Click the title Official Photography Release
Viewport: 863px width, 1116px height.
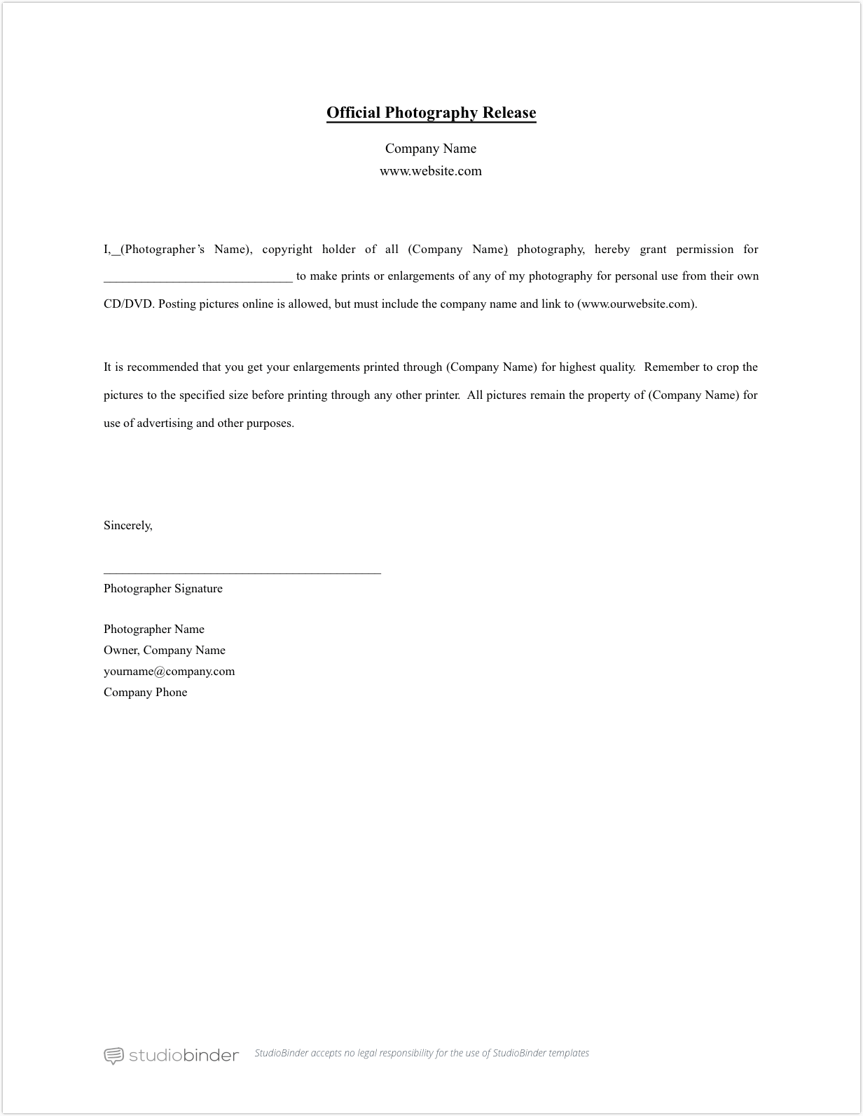(x=431, y=113)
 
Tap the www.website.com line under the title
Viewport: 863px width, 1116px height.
(x=431, y=171)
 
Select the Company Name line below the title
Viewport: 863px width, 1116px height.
(x=431, y=149)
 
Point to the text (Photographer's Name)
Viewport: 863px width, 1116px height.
(x=186, y=250)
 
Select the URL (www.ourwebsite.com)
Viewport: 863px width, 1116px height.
(x=637, y=304)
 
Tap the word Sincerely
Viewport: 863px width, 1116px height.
(x=127, y=526)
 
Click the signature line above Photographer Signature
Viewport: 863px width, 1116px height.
(x=242, y=573)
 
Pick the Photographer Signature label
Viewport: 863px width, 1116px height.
(x=163, y=589)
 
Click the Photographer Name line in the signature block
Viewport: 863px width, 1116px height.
(x=154, y=630)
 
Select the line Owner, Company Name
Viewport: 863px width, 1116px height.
(x=165, y=651)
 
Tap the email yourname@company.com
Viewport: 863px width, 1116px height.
(x=170, y=672)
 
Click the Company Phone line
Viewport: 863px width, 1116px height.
(x=146, y=693)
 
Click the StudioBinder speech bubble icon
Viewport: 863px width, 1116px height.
(x=113, y=1056)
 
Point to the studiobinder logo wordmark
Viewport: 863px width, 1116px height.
(x=184, y=1055)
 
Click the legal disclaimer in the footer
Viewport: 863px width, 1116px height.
(x=422, y=1053)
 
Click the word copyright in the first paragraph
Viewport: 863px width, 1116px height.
(x=287, y=250)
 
